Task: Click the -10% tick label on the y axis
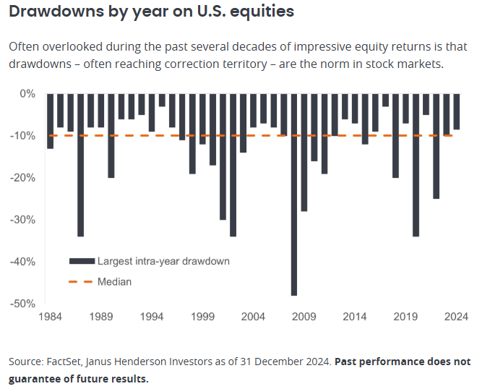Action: point(25,135)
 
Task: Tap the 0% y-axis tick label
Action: point(28,93)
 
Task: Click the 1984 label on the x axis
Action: point(51,316)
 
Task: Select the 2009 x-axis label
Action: point(304,316)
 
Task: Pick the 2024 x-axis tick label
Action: point(456,316)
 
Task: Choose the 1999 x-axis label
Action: point(202,316)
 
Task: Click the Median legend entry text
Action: point(114,281)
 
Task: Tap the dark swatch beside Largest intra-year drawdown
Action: point(81,261)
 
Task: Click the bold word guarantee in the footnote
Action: point(34,379)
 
